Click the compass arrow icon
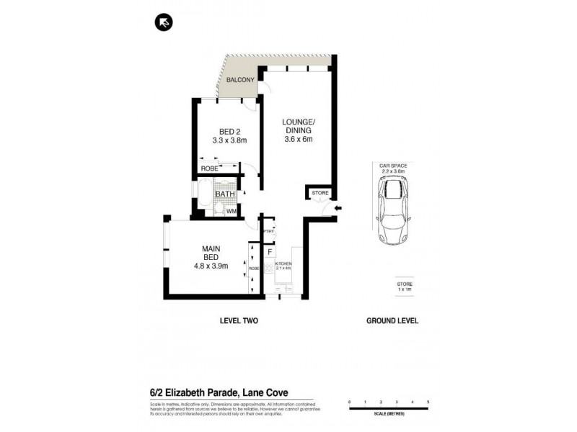click(164, 24)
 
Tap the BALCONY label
click(238, 81)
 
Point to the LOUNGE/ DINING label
click(298, 127)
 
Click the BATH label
click(224, 194)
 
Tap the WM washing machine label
click(231, 211)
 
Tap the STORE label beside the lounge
click(319, 193)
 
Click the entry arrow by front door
click(338, 210)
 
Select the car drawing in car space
click(393, 210)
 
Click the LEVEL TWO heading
click(238, 321)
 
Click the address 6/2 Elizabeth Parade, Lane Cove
click(204, 392)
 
